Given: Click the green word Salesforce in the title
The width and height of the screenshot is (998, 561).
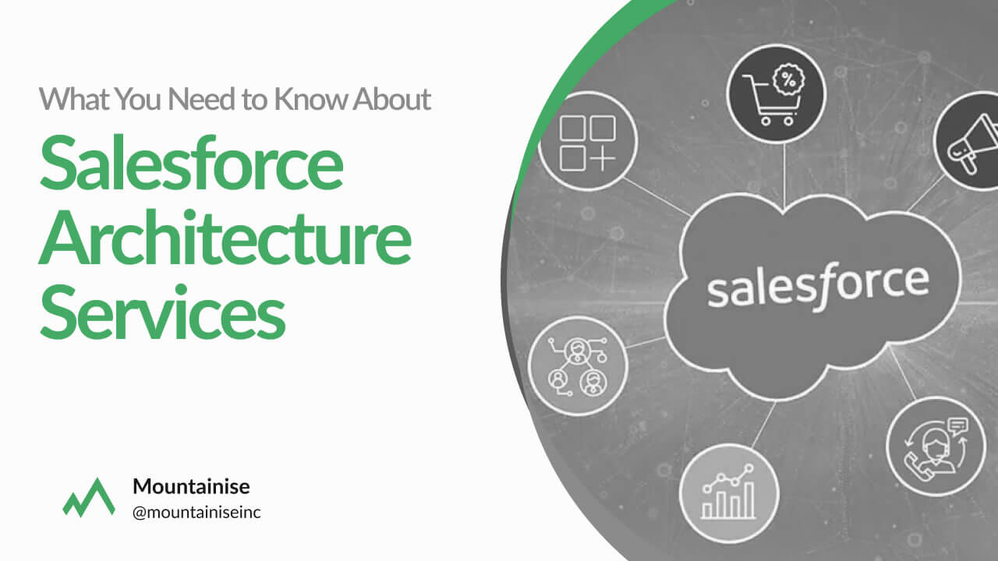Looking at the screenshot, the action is pyautogui.click(x=192, y=164).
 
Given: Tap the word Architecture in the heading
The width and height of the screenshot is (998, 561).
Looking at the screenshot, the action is pyautogui.click(x=225, y=238).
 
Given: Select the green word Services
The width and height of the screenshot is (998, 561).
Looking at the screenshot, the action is pyautogui.click(x=162, y=312).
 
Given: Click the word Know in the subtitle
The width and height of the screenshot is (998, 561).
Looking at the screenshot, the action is pyautogui.click(x=310, y=99).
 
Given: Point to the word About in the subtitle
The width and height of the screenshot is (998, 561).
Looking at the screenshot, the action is pyautogui.click(x=391, y=99).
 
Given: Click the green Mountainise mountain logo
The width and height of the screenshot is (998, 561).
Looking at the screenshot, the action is pyautogui.click(x=89, y=498).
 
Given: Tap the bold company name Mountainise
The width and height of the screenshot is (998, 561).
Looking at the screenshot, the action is pyautogui.click(x=191, y=486).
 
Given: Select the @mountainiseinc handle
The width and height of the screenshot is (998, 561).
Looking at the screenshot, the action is pyautogui.click(x=196, y=513).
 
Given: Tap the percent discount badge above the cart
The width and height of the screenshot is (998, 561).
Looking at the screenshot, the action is pyautogui.click(x=788, y=80).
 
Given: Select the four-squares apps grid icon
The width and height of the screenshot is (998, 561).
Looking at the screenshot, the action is pyautogui.click(x=588, y=143).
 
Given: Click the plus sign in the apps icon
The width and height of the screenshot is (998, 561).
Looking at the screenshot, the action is pyautogui.click(x=603, y=157).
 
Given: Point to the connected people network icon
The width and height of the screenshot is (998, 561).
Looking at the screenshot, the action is pyautogui.click(x=578, y=366).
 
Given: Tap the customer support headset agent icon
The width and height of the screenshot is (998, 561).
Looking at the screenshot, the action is pyautogui.click(x=936, y=447).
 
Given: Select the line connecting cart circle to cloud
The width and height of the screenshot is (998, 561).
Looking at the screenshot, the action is pyautogui.click(x=784, y=176).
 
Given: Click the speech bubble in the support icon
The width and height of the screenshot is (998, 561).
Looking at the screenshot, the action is pyautogui.click(x=958, y=425).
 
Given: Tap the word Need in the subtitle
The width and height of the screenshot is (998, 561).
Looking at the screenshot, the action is pyautogui.click(x=202, y=99).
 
